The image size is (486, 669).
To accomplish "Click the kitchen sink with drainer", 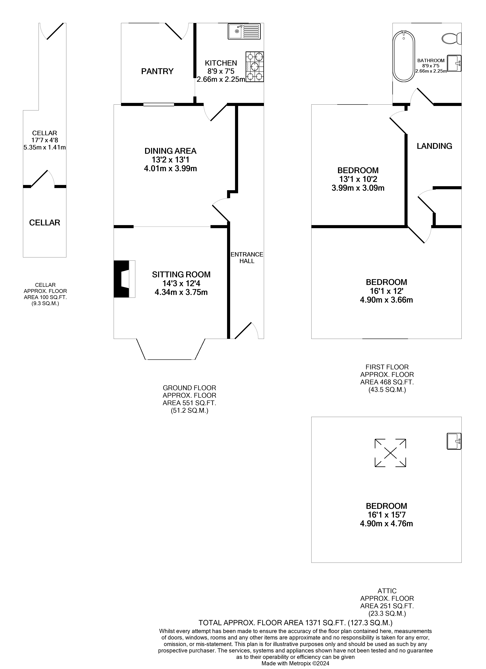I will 244,31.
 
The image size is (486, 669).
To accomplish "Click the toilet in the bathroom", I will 452,38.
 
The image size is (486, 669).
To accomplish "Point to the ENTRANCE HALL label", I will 247,258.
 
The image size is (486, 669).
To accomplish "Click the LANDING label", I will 434,146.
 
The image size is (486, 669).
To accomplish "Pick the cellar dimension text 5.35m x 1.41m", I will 45,147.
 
